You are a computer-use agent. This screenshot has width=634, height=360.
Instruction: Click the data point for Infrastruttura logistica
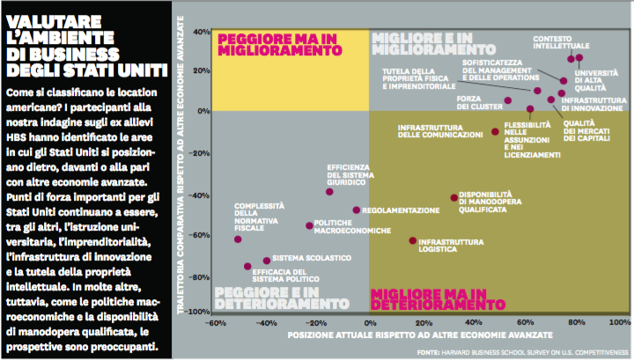[x=412, y=240]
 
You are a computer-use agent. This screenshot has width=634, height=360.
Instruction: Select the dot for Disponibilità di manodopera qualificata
[x=453, y=198]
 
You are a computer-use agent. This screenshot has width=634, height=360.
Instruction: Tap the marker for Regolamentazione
[x=357, y=210]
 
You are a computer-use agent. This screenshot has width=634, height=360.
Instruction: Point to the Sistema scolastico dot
[x=267, y=261]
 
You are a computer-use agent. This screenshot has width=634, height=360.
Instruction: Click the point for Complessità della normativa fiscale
[x=238, y=239]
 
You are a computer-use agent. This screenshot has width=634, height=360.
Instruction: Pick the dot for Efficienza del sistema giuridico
[x=329, y=192]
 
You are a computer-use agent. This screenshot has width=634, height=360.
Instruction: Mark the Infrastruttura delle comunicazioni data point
[x=495, y=132]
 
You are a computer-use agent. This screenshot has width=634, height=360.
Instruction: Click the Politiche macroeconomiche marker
[x=309, y=226]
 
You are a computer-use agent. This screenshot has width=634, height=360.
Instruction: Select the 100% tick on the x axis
[x=618, y=322]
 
